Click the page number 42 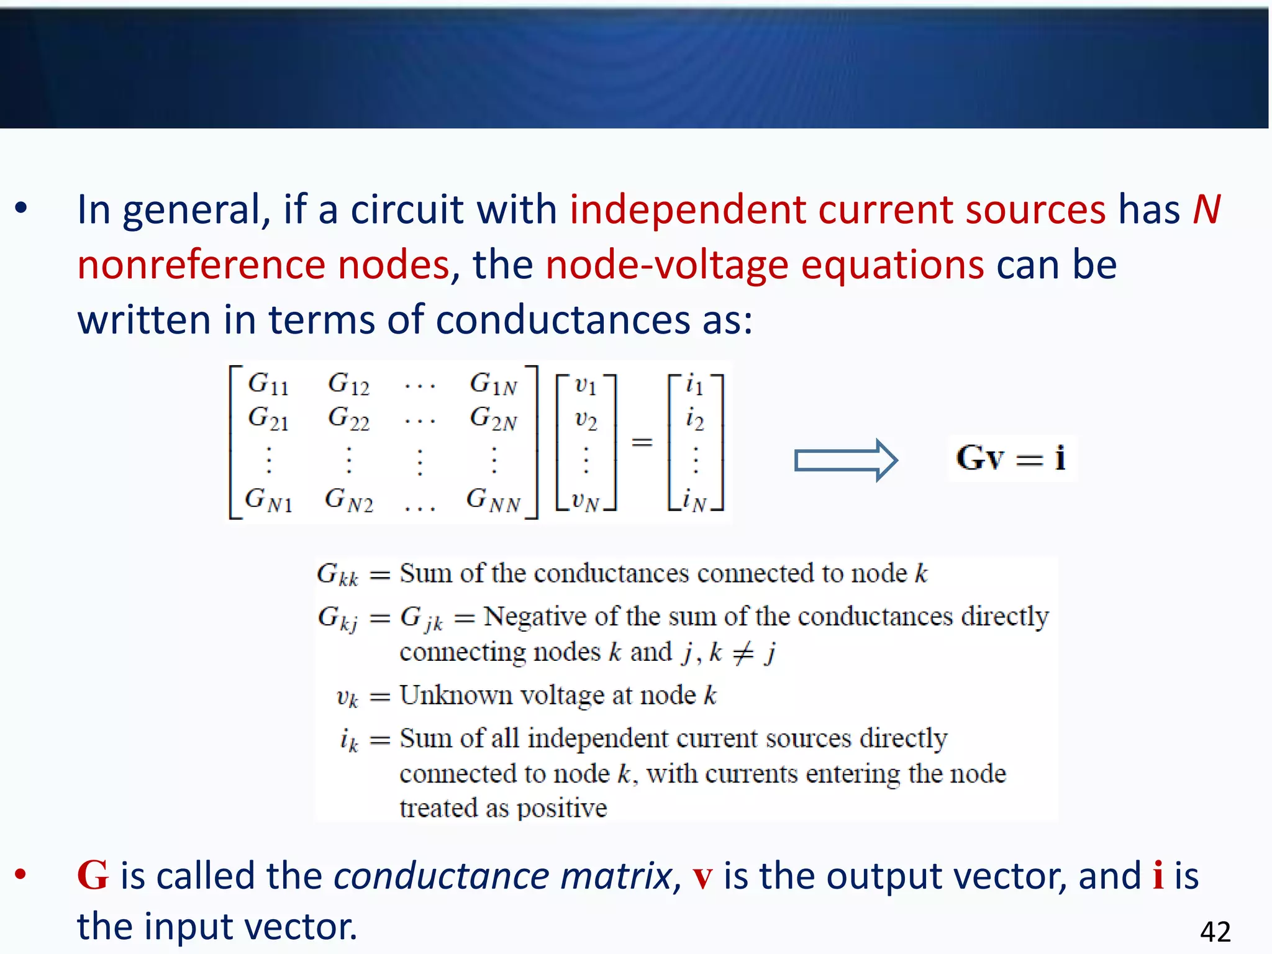tap(1215, 932)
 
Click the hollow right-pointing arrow tap(846, 460)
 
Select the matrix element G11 tap(268, 384)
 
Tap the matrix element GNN tap(494, 500)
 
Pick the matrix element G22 tap(348, 419)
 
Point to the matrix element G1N tap(494, 384)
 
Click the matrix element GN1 tap(268, 500)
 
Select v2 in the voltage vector tap(586, 420)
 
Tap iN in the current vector tap(694, 500)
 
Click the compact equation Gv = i tap(1011, 458)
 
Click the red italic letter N tap(1206, 209)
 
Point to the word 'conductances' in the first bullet tap(563, 320)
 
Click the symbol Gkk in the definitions tap(337, 575)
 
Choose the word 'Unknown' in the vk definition tap(455, 695)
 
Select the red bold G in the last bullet tap(93, 876)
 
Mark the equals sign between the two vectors tap(642, 442)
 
